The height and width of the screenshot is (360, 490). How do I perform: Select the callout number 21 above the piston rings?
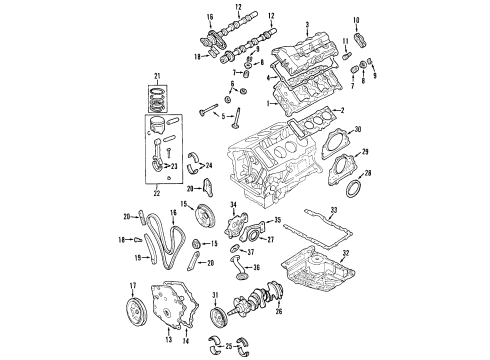tap(155, 76)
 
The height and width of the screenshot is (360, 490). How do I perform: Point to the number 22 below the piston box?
tap(155, 193)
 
